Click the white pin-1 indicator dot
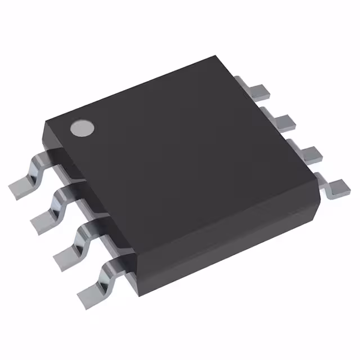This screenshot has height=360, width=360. pyautogui.click(x=82, y=127)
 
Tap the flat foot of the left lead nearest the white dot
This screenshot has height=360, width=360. pyautogui.click(x=20, y=185)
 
